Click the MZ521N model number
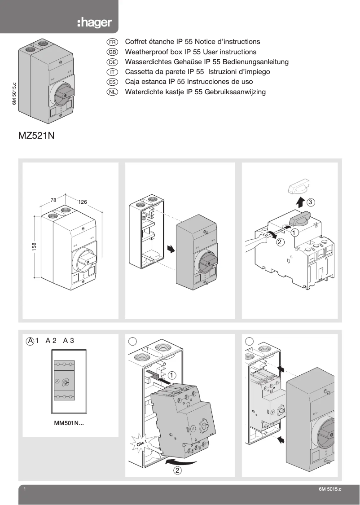(36, 136)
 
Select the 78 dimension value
(53, 200)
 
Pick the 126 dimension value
(82, 202)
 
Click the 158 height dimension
(34, 246)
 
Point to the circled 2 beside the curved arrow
(178, 471)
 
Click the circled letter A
(31, 341)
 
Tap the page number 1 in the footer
(25, 490)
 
